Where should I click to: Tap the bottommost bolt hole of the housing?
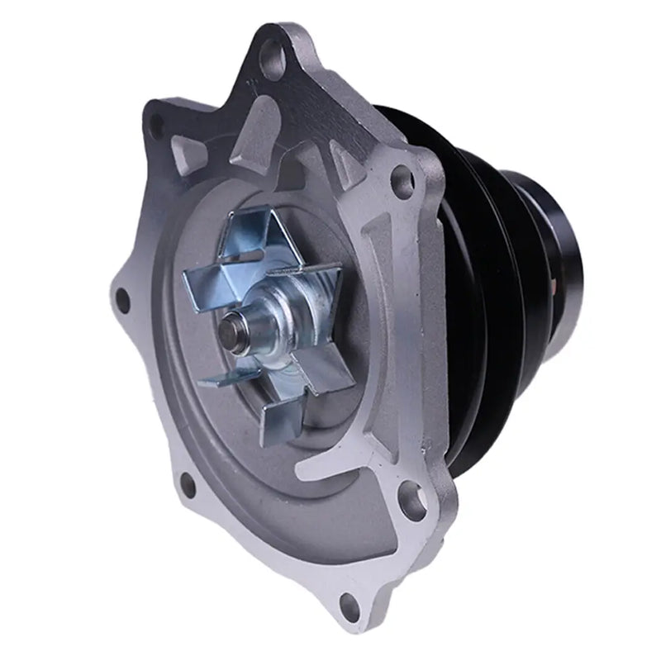(x=350, y=607)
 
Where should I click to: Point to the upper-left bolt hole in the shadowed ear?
(x=156, y=125)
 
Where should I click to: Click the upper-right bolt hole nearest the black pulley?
(x=402, y=178)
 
